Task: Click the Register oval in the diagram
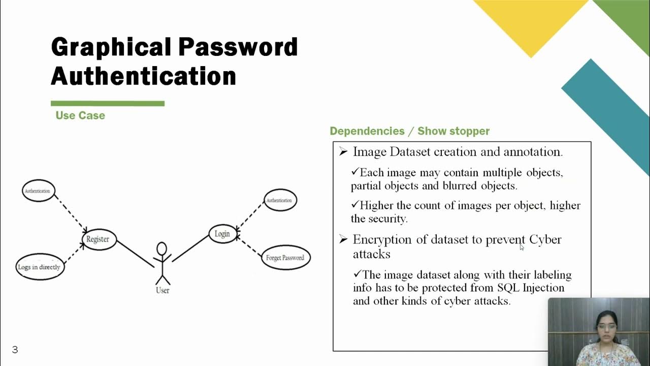click(99, 239)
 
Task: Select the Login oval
click(222, 234)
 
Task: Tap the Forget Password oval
click(285, 258)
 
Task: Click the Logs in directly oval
click(40, 267)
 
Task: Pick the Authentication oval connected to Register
click(38, 191)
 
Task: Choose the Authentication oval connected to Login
click(279, 200)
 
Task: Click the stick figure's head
click(161, 249)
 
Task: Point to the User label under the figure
click(162, 290)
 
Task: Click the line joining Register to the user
click(135, 254)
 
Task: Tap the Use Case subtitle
click(80, 115)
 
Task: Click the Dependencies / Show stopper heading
click(409, 131)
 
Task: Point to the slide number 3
click(15, 350)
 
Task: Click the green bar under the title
click(108, 104)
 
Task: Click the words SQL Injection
click(531, 288)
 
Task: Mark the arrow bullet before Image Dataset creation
click(344, 151)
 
